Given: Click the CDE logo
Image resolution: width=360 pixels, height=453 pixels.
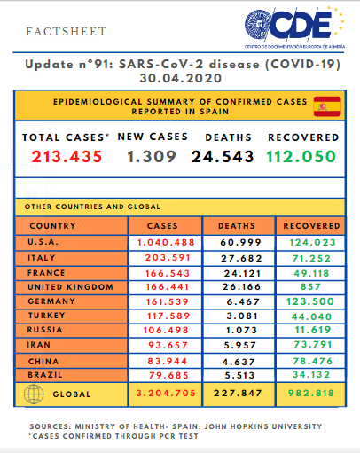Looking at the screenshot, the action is [x=294, y=27].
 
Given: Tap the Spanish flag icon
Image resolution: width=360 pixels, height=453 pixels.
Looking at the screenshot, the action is [x=327, y=106].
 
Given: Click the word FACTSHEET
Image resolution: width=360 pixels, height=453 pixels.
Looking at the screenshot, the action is [x=67, y=32].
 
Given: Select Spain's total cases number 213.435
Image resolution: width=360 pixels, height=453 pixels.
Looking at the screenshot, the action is [x=67, y=156].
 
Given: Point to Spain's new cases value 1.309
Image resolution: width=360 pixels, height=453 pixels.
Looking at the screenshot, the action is [x=152, y=156].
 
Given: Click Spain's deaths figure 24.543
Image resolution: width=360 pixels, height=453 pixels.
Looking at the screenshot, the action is [x=223, y=156].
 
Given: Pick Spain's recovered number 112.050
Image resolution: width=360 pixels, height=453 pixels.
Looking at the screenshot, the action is [x=301, y=156].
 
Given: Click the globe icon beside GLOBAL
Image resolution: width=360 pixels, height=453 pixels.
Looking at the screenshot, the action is [x=34, y=394].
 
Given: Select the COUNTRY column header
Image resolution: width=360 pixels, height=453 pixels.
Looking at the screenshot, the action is [x=53, y=226].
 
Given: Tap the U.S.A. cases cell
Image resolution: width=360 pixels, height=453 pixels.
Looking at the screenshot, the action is [x=166, y=242].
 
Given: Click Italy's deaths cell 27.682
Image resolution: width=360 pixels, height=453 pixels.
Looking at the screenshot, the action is [x=241, y=258].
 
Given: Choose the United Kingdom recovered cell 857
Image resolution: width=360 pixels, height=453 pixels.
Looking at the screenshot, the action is [x=310, y=286].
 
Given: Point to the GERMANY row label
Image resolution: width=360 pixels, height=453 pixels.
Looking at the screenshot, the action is [x=51, y=301].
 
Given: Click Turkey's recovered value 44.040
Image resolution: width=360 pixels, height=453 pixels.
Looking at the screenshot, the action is [x=311, y=316].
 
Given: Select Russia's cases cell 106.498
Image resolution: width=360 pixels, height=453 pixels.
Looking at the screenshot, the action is [x=166, y=330].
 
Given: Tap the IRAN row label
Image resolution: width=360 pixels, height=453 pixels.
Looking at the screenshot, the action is [x=39, y=345].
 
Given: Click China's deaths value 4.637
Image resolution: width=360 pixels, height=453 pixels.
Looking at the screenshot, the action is [x=239, y=362].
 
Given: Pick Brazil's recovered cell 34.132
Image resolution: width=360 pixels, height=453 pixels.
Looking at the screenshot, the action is [x=311, y=374].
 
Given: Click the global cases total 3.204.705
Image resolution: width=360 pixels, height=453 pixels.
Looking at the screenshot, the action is [x=166, y=393].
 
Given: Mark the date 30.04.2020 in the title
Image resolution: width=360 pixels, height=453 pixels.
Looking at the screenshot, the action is [x=181, y=78].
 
